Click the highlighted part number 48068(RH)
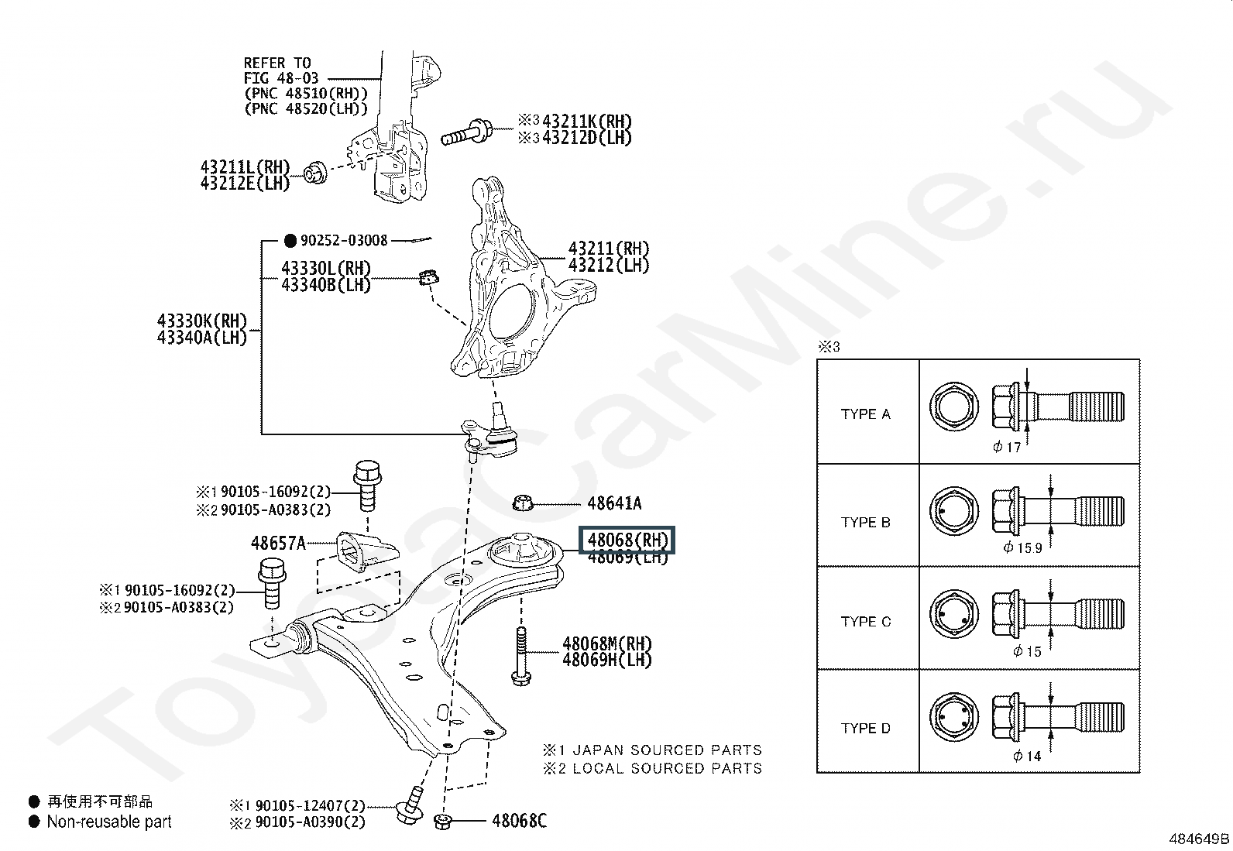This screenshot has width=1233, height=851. click(627, 540)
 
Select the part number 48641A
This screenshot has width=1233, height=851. click(614, 503)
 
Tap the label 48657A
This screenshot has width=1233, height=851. click(278, 543)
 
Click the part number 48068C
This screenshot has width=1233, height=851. click(519, 820)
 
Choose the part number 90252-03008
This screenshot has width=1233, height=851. click(344, 240)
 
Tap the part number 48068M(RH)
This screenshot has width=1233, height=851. click(607, 643)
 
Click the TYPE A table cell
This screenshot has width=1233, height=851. click(866, 414)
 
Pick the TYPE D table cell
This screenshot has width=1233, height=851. click(866, 728)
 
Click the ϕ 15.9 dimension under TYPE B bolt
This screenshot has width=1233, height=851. click(1022, 547)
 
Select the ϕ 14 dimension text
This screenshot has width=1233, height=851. click(1027, 756)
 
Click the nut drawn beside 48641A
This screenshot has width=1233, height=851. click(524, 504)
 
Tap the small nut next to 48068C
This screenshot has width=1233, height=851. click(444, 821)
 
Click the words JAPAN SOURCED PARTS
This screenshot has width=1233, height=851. click(668, 750)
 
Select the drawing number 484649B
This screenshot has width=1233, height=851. click(1199, 838)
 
